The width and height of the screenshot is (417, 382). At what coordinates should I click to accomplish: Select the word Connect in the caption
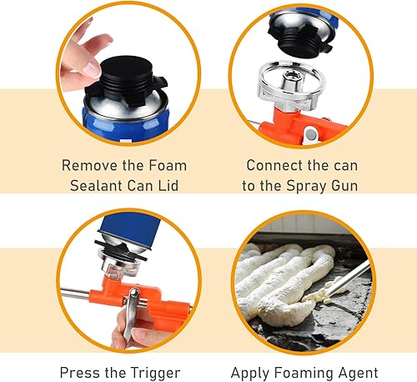pyautogui.click(x=271, y=165)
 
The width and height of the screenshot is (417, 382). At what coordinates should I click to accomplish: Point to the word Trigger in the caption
pyautogui.click(x=155, y=373)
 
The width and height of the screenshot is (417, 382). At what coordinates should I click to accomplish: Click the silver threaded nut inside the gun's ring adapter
pyautogui.click(x=291, y=80)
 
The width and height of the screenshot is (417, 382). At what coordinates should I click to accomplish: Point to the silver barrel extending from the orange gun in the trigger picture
pyautogui.click(x=75, y=294)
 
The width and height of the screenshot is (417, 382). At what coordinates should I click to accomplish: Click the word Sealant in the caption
pyautogui.click(x=96, y=185)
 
